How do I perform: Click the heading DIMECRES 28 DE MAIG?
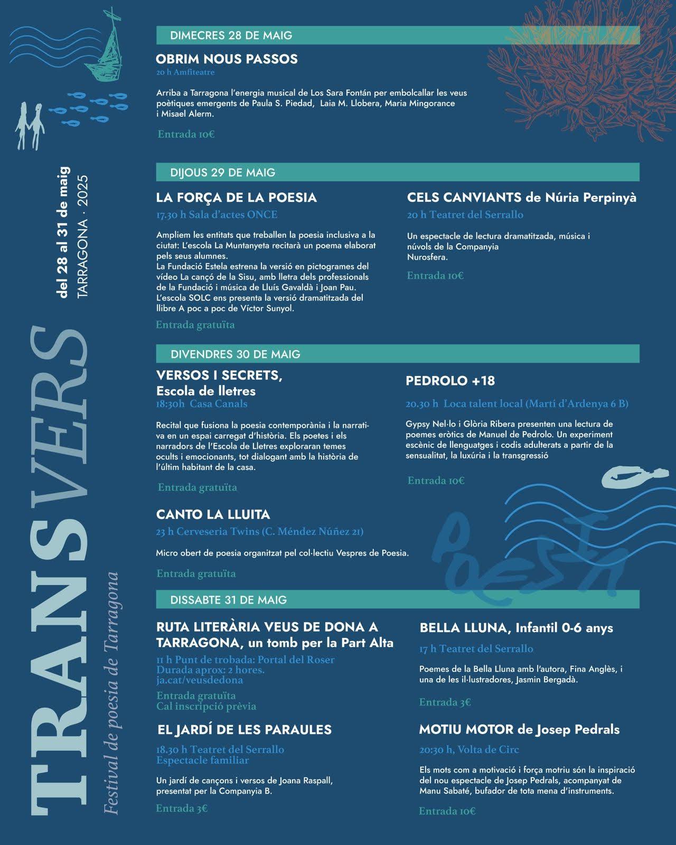[231, 35]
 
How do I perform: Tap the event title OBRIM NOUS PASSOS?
[227, 59]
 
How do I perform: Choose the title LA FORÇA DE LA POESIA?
[236, 198]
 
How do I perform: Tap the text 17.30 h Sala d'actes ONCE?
[217, 214]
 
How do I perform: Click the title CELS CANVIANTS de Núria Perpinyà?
[521, 198]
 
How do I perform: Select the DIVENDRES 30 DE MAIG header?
[235, 354]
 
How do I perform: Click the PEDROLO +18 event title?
[450, 381]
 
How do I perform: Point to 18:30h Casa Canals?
[202, 404]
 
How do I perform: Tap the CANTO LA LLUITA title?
[213, 514]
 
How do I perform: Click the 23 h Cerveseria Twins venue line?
[259, 531]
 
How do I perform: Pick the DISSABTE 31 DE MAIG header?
[228, 599]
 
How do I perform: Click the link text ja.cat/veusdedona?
[200, 680]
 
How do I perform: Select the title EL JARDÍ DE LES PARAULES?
[245, 729]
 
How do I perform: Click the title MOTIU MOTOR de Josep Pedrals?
[519, 729]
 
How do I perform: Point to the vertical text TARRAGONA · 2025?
[83, 237]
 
